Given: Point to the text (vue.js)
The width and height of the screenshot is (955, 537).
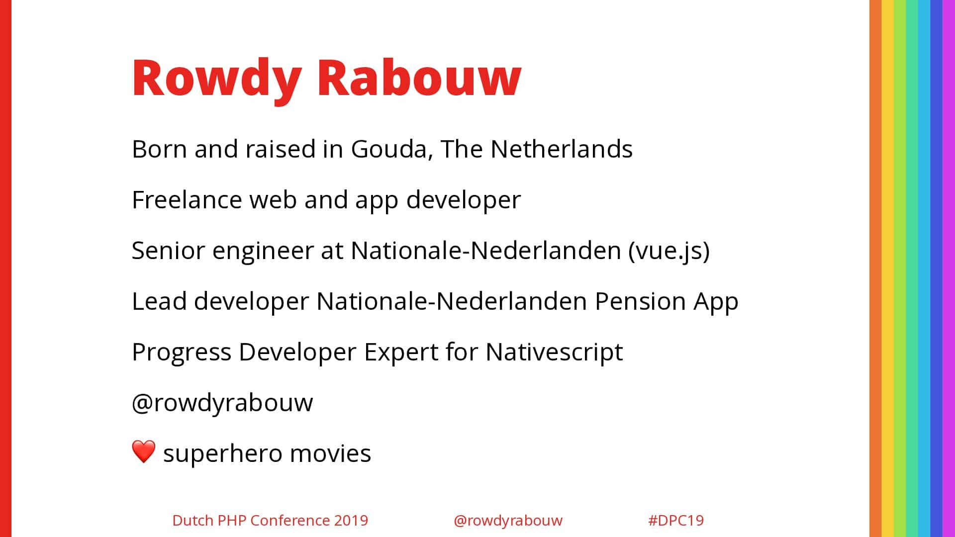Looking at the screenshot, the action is click(669, 251).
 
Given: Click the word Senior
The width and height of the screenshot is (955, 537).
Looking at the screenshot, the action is click(168, 251).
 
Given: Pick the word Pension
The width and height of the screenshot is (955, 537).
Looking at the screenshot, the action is click(641, 301).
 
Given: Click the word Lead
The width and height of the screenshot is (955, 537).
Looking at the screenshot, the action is click(159, 301).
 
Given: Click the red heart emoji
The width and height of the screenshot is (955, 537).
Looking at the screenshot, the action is click(144, 451).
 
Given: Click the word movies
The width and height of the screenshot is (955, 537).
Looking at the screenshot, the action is click(330, 453).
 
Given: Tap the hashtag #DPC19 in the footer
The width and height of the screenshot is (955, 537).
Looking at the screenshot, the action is click(676, 521).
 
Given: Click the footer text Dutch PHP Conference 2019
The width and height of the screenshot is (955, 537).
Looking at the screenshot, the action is click(270, 521).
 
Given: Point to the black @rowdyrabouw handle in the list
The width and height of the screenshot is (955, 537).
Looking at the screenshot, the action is click(222, 403).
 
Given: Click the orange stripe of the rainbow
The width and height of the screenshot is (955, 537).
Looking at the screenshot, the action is click(875, 268).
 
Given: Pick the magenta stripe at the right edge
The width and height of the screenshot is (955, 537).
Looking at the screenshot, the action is click(949, 268).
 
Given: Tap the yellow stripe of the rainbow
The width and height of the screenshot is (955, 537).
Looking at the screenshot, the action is click(888, 268).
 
